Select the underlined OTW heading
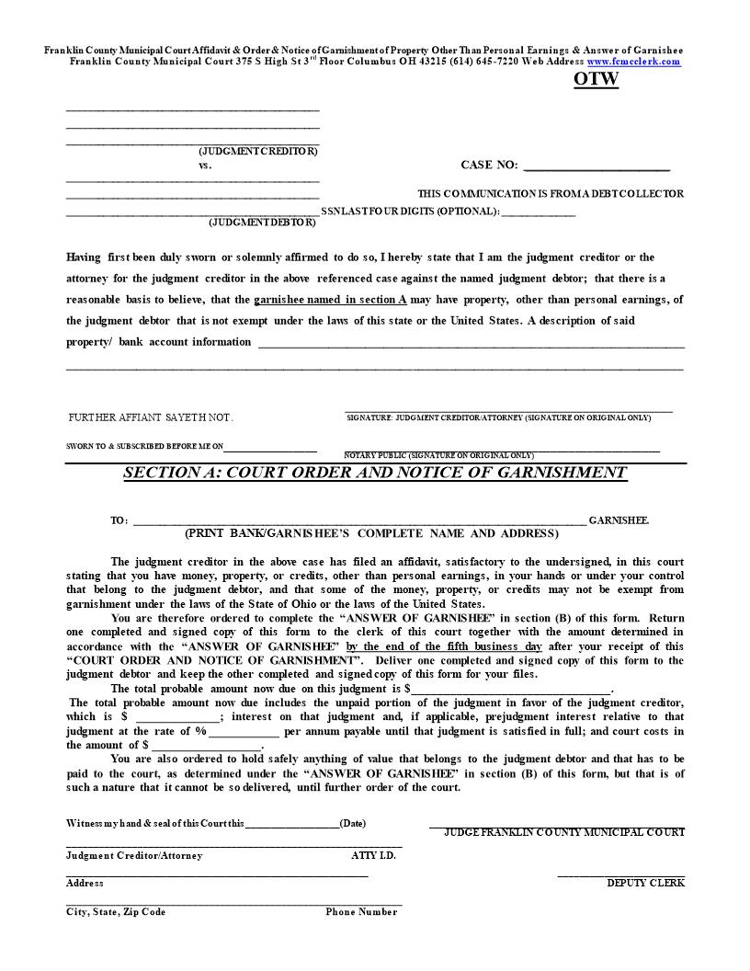click(x=597, y=79)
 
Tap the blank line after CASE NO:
click(x=596, y=167)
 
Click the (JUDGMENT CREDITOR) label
click(x=258, y=151)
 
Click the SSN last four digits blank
click(x=539, y=213)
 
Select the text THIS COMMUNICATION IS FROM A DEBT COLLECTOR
click(x=551, y=194)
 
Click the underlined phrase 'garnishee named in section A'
click(x=330, y=300)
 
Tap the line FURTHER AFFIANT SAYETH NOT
click(x=151, y=417)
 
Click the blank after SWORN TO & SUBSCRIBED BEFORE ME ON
click(x=270, y=449)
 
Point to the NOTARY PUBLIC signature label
click(x=438, y=455)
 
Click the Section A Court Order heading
click(x=375, y=473)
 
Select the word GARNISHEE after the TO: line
click(x=619, y=520)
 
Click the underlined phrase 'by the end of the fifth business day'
click(x=444, y=646)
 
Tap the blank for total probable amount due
click(x=510, y=690)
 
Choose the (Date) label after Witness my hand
click(x=352, y=824)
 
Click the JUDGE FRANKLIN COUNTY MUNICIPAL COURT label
click(x=563, y=832)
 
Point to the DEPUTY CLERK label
click(x=645, y=883)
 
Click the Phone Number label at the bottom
click(x=361, y=912)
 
